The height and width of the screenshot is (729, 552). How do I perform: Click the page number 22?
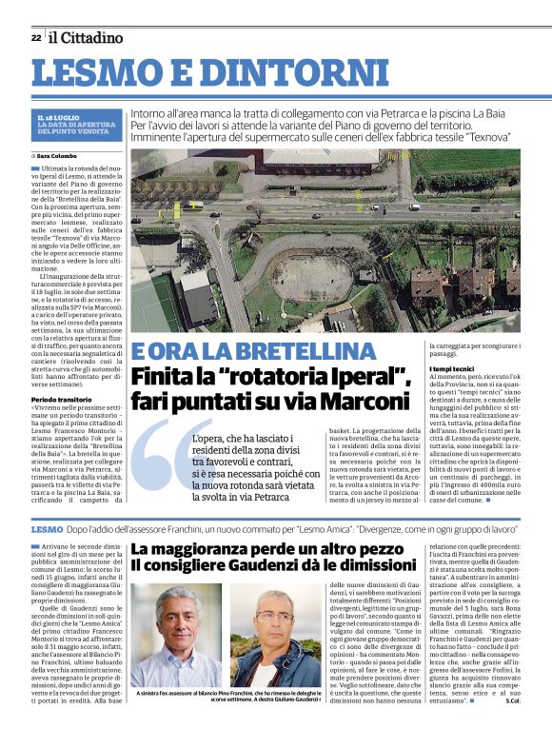point(35,37)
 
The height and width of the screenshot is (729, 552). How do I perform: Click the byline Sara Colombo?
point(57,155)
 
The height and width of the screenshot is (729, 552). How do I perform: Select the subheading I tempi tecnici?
point(454,368)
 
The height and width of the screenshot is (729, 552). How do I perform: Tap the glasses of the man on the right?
point(273,617)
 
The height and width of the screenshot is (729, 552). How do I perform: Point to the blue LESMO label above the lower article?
point(47,527)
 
